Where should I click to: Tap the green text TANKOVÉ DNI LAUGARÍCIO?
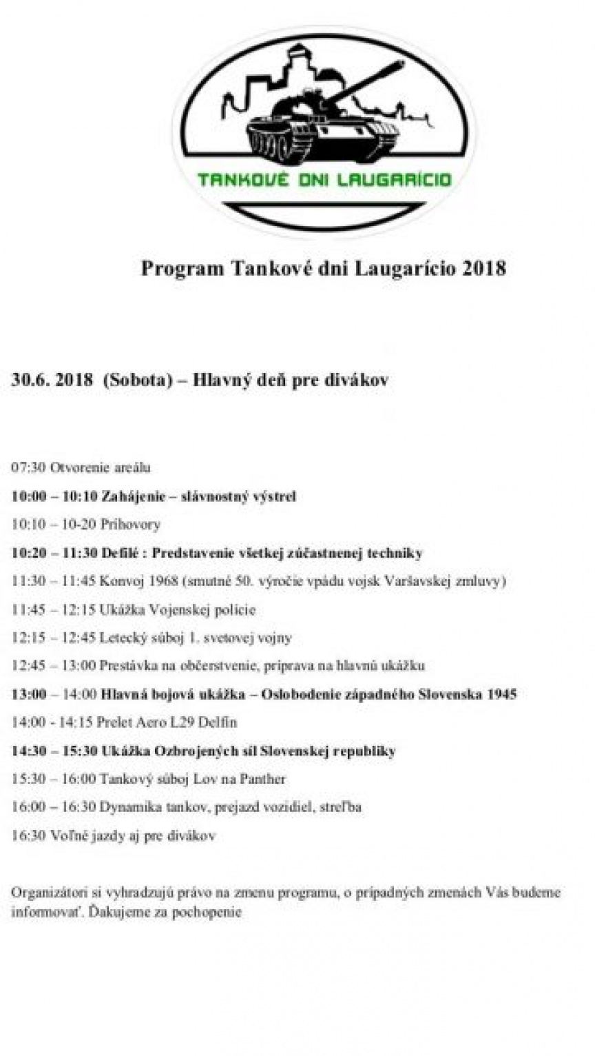[324, 180]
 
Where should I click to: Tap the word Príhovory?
[130, 525]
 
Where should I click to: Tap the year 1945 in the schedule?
[500, 694]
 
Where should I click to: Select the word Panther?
[262, 779]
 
